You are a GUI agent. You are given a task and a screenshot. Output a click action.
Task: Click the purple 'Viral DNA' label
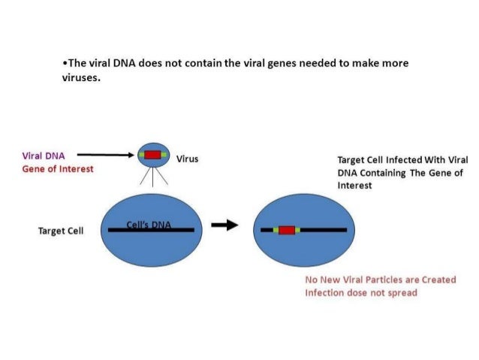point(43,156)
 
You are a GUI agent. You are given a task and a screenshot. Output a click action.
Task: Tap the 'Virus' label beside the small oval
point(187,159)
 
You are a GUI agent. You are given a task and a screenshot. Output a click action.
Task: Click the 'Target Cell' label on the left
point(61,230)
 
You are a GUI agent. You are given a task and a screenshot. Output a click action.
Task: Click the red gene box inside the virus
point(153,156)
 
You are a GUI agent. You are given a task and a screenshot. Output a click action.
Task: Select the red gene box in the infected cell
point(286,229)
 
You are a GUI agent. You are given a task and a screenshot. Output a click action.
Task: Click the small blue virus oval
point(153,156)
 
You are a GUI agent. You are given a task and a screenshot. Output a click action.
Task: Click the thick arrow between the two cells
point(224,226)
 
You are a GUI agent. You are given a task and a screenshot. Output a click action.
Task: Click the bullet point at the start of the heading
point(64,63)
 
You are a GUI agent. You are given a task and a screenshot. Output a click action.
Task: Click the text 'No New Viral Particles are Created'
point(380,280)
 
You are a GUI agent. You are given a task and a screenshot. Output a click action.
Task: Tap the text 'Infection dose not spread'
point(360,292)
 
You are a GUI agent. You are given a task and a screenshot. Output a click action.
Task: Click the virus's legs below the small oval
point(153,179)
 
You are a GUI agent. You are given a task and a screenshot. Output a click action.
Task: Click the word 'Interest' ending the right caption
point(354,185)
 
